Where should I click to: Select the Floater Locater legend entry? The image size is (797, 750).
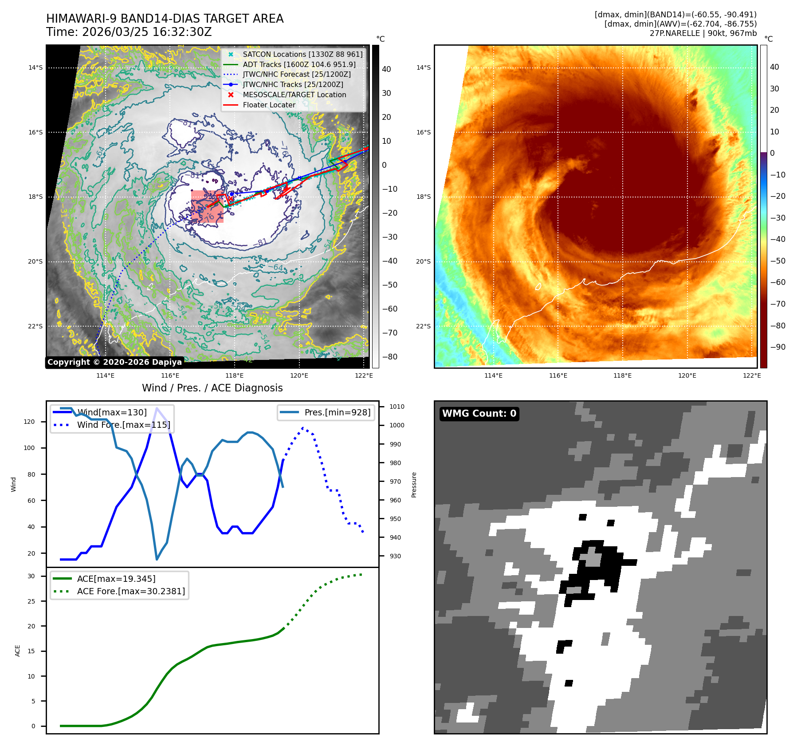(269, 105)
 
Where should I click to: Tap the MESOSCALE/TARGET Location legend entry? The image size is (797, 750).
(294, 95)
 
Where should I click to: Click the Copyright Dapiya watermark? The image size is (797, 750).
(114, 362)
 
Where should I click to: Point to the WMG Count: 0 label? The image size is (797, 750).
(479, 414)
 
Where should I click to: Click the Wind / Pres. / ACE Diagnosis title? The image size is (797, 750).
(212, 388)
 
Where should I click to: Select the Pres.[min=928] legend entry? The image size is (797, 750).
(337, 412)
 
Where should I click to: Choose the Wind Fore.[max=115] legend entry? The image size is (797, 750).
(123, 425)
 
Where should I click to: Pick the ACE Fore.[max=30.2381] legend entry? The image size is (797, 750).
(131, 591)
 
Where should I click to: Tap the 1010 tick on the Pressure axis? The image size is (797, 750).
(397, 407)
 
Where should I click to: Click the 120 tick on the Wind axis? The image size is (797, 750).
(29, 422)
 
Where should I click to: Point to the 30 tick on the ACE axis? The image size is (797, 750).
(31, 576)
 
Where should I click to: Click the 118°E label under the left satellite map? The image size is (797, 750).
(234, 376)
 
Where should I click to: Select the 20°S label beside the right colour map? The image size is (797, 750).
(423, 261)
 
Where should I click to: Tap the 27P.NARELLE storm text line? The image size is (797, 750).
(703, 33)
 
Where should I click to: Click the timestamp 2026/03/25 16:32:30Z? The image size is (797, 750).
(147, 32)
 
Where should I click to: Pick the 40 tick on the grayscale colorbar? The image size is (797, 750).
(386, 69)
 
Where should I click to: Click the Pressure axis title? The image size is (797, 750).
(414, 485)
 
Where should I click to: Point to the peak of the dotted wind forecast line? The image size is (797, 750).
(303, 428)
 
